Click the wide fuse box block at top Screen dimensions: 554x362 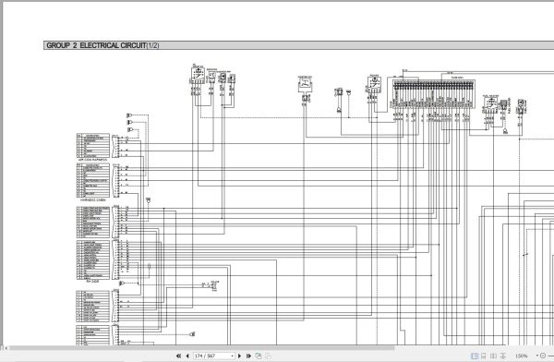pyautogui.click(x=435, y=92)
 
